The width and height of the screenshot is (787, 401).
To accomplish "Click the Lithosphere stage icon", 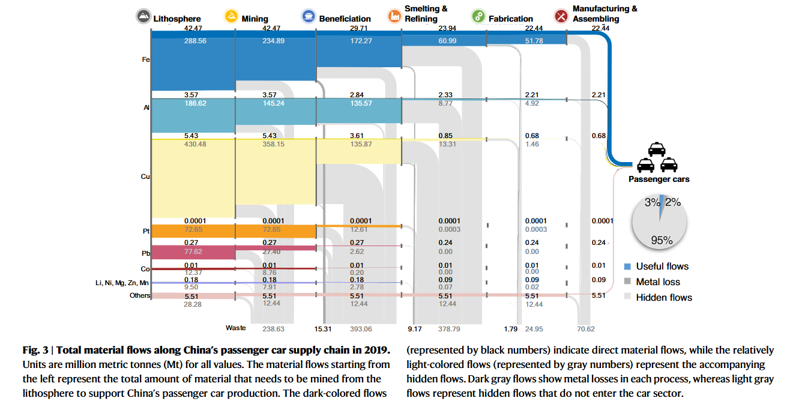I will click(x=143, y=17).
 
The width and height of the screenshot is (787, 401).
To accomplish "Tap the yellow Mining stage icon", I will click(x=231, y=17).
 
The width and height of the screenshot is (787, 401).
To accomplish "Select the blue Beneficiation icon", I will click(x=309, y=17).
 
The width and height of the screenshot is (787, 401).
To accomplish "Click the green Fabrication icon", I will click(x=478, y=17).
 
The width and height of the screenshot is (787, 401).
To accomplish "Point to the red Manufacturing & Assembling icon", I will click(x=561, y=17).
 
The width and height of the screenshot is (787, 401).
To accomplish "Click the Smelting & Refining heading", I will click(x=426, y=14).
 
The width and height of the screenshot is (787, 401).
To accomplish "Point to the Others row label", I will click(x=139, y=295).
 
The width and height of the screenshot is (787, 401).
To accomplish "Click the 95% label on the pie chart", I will click(x=662, y=240).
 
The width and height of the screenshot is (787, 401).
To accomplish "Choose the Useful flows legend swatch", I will click(x=628, y=267).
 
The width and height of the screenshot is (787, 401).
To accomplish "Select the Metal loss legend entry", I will click(x=658, y=282).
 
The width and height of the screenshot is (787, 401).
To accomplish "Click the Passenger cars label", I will click(x=659, y=179).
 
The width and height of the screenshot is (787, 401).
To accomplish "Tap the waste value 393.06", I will click(x=361, y=329).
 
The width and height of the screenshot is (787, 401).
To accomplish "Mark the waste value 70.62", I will click(x=585, y=329).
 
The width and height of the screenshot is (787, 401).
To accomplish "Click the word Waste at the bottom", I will click(x=236, y=328).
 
